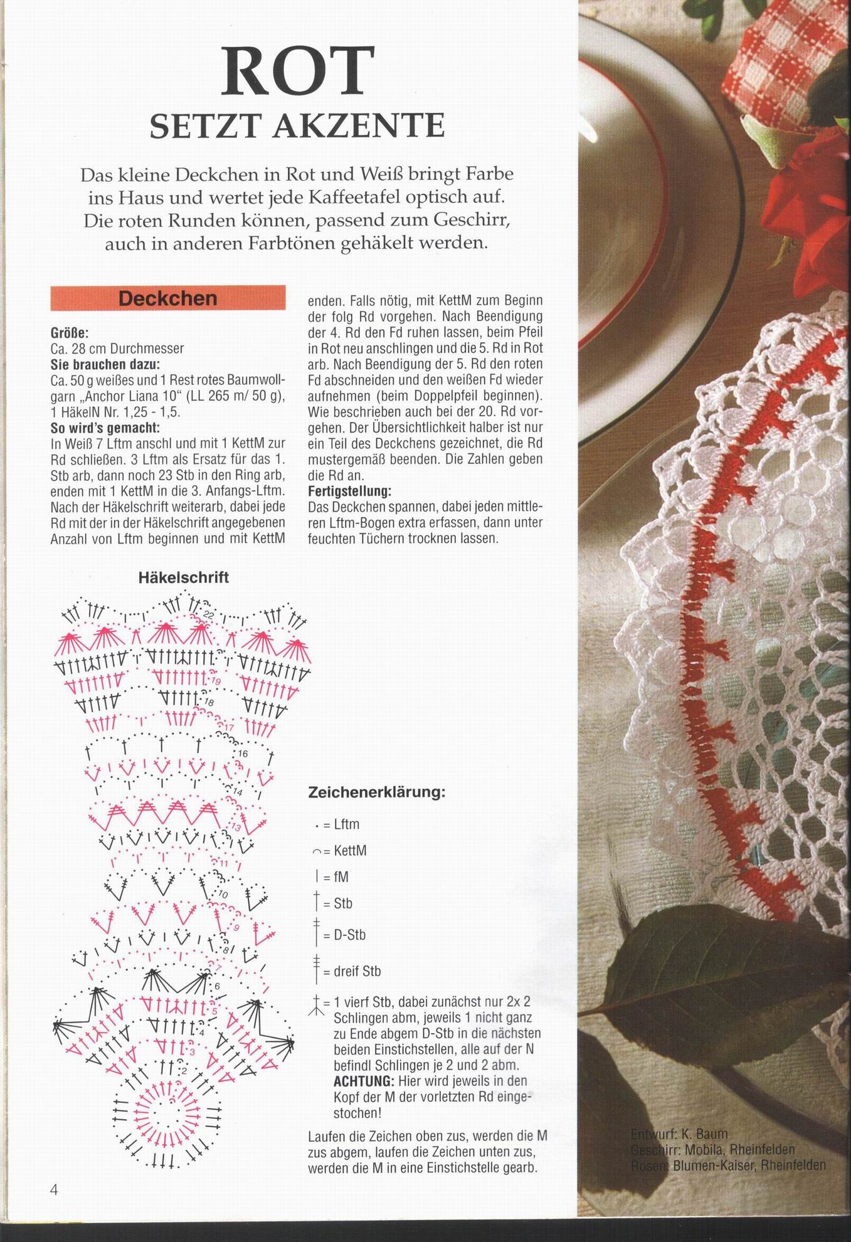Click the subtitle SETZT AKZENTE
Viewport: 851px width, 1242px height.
297,126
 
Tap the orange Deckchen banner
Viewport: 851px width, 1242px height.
168,298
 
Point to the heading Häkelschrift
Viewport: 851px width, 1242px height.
183,577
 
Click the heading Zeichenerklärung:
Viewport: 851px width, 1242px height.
377,792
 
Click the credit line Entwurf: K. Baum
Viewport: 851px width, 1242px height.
679,1134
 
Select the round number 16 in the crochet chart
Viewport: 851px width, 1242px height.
244,753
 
